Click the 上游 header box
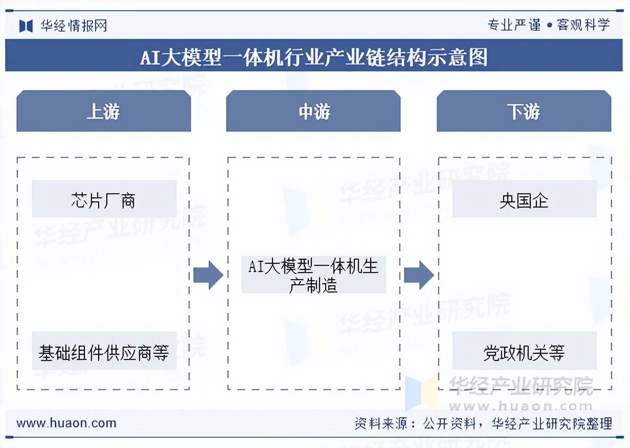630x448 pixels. pyautogui.click(x=103, y=111)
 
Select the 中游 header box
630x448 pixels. pyautogui.click(x=313, y=111)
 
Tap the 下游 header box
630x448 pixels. pyautogui.click(x=524, y=111)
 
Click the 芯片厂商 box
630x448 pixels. pyautogui.click(x=104, y=199)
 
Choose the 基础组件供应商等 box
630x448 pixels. pyautogui.click(x=104, y=351)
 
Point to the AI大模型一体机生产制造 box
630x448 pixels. pyautogui.click(x=313, y=275)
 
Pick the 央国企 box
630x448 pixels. pyautogui.click(x=524, y=199)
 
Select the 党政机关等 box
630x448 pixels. pyautogui.click(x=524, y=351)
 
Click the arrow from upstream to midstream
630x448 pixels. pyautogui.click(x=208, y=275)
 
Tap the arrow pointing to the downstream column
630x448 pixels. pyautogui.click(x=418, y=275)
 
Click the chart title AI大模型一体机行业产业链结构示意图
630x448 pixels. pyautogui.click(x=314, y=56)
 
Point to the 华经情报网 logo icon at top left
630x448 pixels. pyautogui.click(x=26, y=26)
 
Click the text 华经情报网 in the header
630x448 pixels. pyautogui.click(x=74, y=26)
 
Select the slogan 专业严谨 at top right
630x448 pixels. pyautogui.click(x=514, y=25)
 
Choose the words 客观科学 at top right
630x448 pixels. pyautogui.click(x=583, y=25)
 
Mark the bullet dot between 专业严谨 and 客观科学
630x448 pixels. pyautogui.click(x=549, y=25)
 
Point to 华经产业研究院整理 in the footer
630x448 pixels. pyautogui.click(x=551, y=423)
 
